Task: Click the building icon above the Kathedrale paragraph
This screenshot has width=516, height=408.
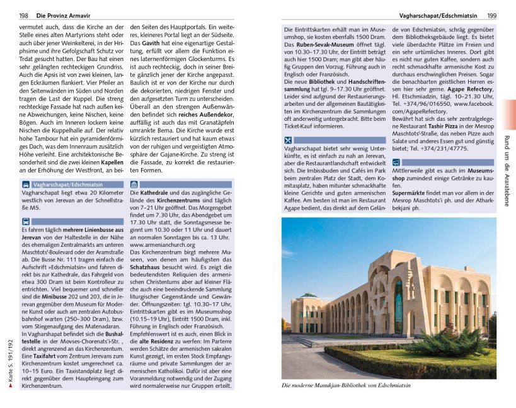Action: click(x=135, y=184)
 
